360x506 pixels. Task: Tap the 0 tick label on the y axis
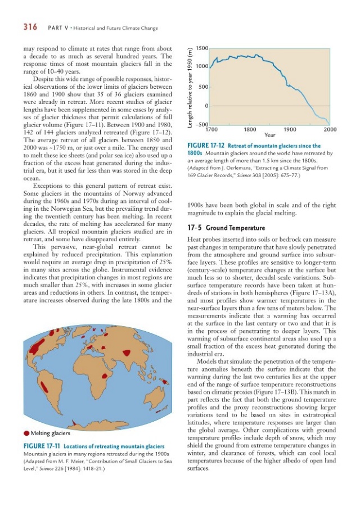(207, 106)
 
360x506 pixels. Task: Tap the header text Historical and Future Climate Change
(112, 27)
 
